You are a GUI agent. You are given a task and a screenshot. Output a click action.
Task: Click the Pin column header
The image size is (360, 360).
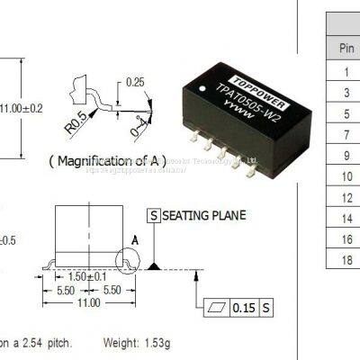pos(346,46)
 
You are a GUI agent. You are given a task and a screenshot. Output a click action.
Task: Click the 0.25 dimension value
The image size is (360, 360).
pos(136,82)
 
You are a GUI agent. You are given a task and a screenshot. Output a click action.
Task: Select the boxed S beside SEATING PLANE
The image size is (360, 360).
pos(154,216)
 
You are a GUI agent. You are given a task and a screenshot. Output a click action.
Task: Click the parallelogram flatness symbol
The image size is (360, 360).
pos(214,308)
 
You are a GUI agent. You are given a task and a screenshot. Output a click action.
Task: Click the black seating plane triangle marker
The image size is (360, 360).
pos(155,265)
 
